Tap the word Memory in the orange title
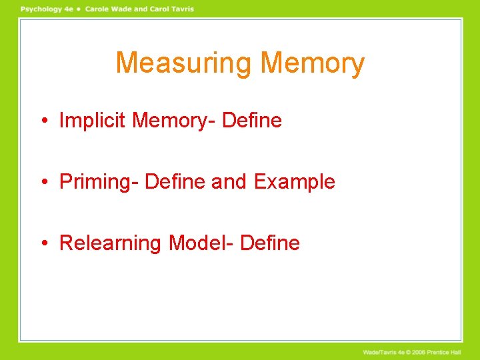(x=313, y=64)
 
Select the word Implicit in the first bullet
(x=93, y=121)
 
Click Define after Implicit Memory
(x=252, y=121)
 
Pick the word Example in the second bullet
(x=294, y=181)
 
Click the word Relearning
(x=111, y=243)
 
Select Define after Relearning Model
(x=270, y=243)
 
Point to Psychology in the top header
(x=41, y=9)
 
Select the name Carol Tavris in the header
(x=171, y=9)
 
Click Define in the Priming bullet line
(x=175, y=181)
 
